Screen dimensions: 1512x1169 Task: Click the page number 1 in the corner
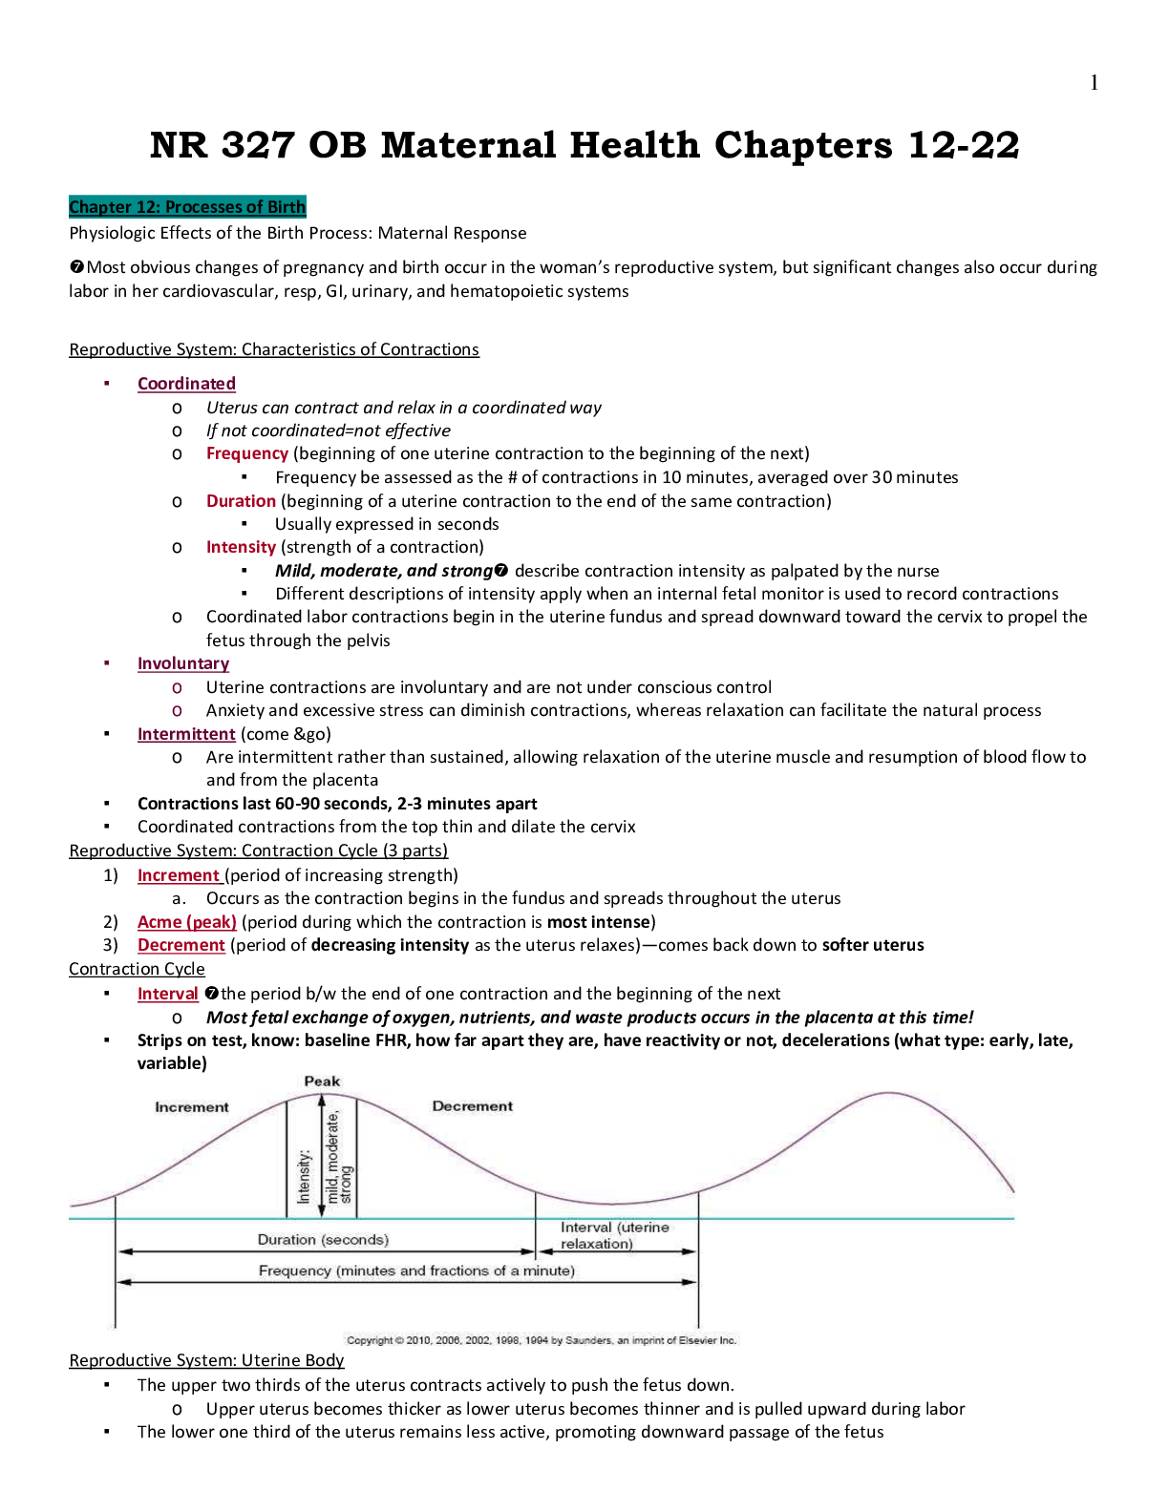[x=1094, y=83]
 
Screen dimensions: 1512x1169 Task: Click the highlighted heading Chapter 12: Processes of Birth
[x=187, y=207]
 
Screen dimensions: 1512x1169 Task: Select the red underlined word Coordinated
[x=186, y=384]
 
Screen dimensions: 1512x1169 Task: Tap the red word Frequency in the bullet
[x=246, y=453]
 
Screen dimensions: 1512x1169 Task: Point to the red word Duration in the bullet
[x=241, y=501]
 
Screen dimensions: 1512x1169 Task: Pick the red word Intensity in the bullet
[x=241, y=547]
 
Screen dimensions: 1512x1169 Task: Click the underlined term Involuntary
[x=183, y=663]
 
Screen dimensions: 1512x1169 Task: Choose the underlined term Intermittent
[x=186, y=734]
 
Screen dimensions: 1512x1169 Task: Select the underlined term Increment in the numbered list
[x=179, y=875]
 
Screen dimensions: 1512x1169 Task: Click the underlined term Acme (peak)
[x=187, y=922]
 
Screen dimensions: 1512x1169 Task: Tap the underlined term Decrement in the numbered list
[x=181, y=945]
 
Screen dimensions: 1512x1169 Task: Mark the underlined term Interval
[x=167, y=994]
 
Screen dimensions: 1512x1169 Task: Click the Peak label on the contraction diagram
[x=322, y=1081]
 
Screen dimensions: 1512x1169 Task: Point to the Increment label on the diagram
[x=192, y=1107]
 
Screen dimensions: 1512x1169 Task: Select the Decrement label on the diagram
[x=472, y=1106]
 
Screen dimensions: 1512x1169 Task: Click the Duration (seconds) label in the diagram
[x=323, y=1240]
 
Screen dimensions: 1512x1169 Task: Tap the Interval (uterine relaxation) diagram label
[x=614, y=1235]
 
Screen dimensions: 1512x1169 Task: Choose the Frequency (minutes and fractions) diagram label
[x=416, y=1270]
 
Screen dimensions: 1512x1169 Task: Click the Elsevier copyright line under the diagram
[x=541, y=1340]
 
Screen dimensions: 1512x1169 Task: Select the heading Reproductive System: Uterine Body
[x=206, y=1360]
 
